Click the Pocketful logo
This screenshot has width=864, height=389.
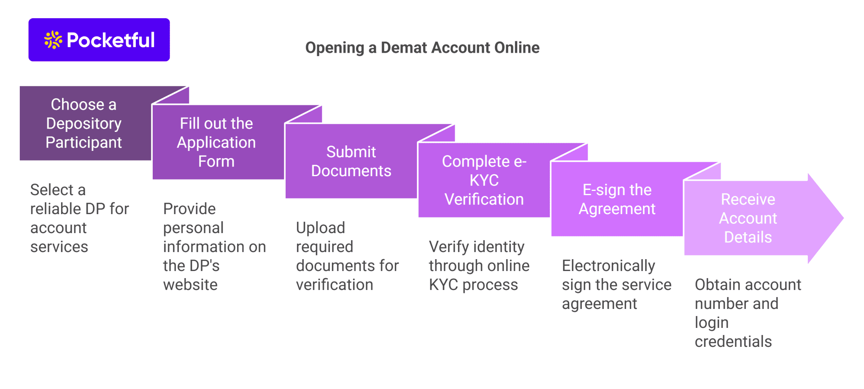click(99, 40)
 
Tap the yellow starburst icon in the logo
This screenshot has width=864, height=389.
click(53, 40)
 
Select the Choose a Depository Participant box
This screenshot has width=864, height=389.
click(84, 123)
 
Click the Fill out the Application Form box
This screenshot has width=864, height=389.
click(217, 142)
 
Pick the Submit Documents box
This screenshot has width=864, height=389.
click(351, 161)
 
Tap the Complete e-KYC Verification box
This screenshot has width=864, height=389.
click(484, 180)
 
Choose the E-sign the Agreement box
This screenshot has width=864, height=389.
click(617, 199)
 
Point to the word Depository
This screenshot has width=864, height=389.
click(84, 123)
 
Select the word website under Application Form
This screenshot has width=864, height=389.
click(190, 285)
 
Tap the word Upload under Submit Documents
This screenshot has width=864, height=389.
click(320, 228)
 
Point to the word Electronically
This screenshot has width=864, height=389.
click(608, 266)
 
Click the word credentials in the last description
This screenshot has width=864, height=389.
click(733, 342)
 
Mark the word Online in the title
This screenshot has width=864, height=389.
click(517, 48)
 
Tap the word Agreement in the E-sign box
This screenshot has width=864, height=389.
click(617, 209)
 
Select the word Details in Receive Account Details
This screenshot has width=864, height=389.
click(748, 237)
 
